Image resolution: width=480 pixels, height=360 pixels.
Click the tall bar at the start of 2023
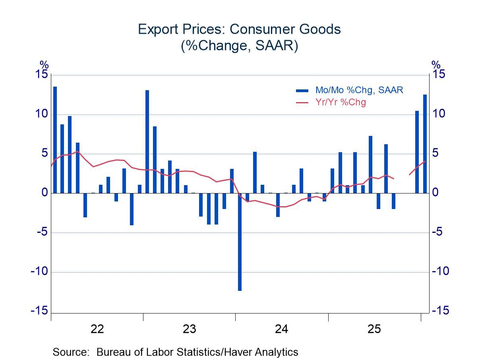(147, 141)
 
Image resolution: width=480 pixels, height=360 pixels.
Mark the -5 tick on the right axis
(439, 232)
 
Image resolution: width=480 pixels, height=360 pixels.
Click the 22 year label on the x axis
(97, 329)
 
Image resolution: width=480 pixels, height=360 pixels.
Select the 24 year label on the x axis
(282, 329)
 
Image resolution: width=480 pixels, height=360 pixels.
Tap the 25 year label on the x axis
(374, 329)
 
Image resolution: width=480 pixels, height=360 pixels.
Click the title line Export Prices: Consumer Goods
(239, 29)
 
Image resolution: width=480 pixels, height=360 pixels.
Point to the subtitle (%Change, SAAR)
(239, 46)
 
